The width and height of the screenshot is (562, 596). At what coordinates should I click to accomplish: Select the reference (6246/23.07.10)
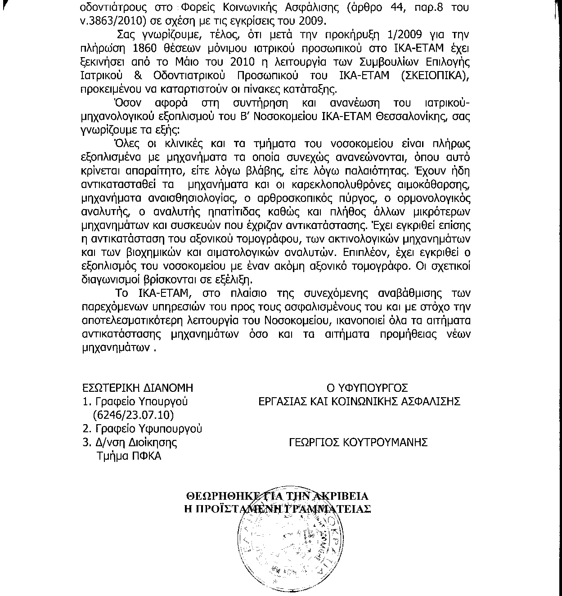click(x=134, y=415)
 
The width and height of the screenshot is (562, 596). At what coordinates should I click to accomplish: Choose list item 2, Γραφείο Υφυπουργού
click(x=143, y=429)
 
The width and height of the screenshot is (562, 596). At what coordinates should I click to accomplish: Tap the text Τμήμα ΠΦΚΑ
click(x=129, y=456)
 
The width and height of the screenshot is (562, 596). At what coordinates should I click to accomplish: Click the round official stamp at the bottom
click(x=283, y=549)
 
